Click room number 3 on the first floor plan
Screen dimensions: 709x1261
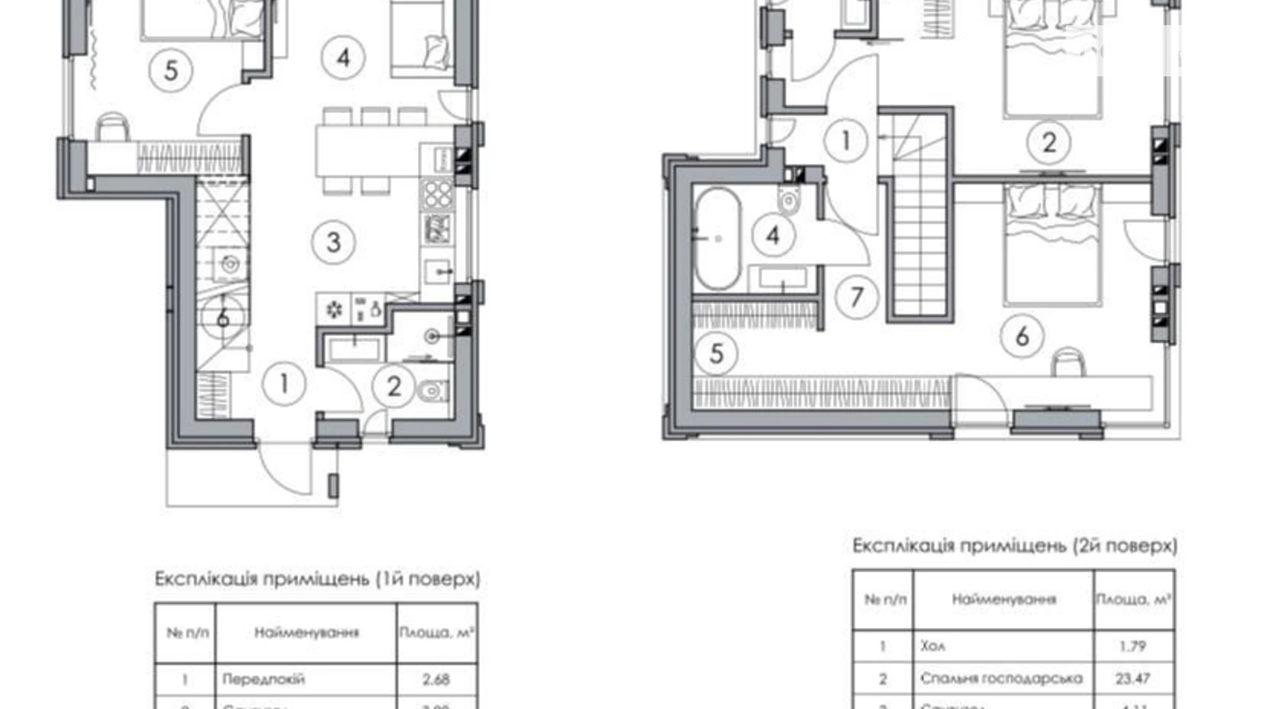pos(333,242)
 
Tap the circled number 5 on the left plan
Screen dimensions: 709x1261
pos(171,70)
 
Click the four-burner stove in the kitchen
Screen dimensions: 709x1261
pos(437,196)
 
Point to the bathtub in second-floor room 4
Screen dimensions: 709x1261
pos(716,239)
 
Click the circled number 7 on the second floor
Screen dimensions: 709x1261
pos(856,297)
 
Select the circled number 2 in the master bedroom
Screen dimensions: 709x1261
pos(1049,142)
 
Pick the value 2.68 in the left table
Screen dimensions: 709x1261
pos(436,679)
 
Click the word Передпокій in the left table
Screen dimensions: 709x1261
pos(264,679)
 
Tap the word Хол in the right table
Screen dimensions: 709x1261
pos(932,646)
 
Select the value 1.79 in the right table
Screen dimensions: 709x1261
pos(1133,646)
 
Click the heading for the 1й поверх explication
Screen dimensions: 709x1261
pos(317,579)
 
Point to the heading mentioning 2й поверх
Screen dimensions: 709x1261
pos(1014,545)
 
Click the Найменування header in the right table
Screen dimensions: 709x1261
pos(1003,599)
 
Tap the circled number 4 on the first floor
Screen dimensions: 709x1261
pos(343,58)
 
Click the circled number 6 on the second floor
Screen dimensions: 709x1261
pos(1022,336)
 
